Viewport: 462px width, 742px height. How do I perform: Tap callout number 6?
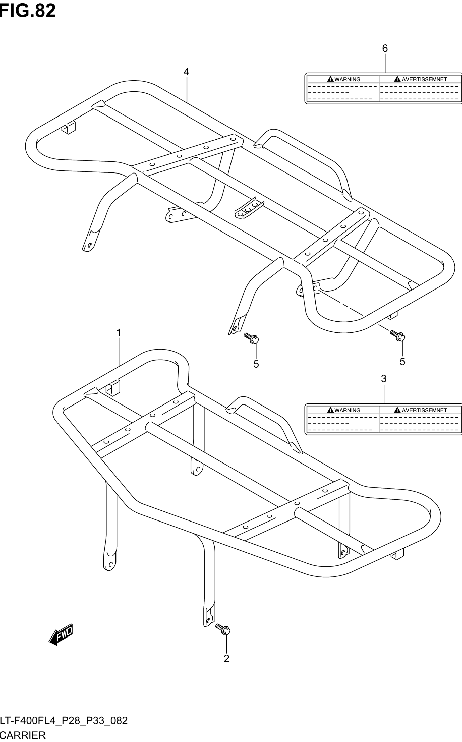(385, 48)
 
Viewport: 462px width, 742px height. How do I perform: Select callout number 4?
(186, 72)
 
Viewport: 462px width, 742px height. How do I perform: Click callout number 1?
(119, 333)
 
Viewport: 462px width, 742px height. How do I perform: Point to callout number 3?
(384, 379)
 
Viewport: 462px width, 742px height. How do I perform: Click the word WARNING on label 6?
(348, 79)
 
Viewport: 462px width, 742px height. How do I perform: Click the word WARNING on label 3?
(348, 410)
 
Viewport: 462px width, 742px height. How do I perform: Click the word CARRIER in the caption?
(23, 735)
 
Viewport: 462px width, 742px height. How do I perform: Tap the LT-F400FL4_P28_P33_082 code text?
(64, 721)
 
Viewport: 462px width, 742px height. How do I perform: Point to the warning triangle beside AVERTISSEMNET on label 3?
(397, 410)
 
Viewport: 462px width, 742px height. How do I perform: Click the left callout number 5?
(256, 364)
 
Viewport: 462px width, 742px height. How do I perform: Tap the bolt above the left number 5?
(251, 338)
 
